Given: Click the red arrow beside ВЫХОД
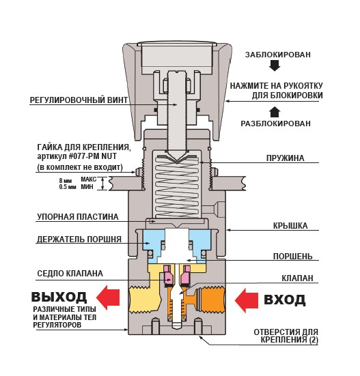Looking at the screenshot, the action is coord(108,298).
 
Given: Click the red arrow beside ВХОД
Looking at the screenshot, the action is coord(246,301).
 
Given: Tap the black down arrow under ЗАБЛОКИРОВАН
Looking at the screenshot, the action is coord(275,66).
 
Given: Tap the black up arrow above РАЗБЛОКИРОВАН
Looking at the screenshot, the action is coord(275,112).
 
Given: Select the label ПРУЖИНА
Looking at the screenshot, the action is coord(285,158).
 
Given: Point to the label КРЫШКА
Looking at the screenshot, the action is coord(290,226).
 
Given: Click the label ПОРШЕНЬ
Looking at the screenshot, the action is coord(293,257).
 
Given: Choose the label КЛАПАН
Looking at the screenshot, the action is coord(297,278).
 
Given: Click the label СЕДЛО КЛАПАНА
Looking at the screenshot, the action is coord(70,274).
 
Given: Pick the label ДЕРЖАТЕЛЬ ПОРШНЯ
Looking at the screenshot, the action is coord(79,240).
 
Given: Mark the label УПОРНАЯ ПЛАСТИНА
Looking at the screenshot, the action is coord(78,217).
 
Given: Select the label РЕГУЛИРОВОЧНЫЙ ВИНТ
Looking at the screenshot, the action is coord(79,100).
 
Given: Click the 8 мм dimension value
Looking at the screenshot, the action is coord(66,180).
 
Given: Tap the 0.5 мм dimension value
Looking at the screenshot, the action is coord(68,186).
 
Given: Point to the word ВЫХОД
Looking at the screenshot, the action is coord(59,297).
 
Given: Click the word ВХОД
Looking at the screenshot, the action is coord(285,300).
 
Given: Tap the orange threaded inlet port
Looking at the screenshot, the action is coord(213,300).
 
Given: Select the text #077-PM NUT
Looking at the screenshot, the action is coord(93,156).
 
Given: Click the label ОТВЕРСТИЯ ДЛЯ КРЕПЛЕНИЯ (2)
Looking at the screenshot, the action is coord(286,336).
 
